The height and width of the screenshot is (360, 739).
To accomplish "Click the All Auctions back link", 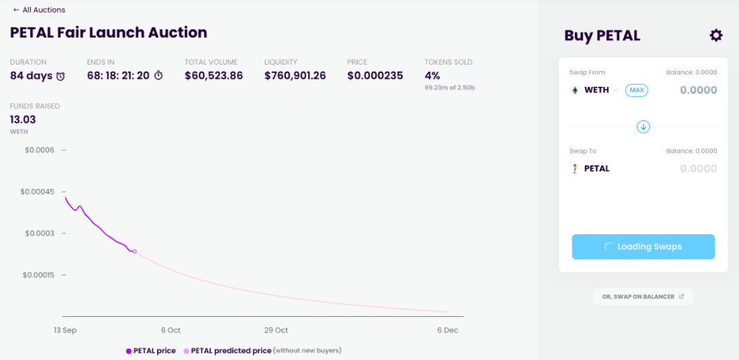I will (x=39, y=10).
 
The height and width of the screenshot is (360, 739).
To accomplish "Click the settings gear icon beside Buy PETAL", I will (x=715, y=35).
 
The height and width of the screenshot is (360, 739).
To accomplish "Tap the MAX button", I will (x=636, y=90).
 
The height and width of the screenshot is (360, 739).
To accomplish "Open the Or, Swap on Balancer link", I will (x=643, y=297).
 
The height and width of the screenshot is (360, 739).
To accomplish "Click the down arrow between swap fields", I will (x=643, y=126).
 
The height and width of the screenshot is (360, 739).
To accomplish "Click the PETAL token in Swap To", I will (x=596, y=169).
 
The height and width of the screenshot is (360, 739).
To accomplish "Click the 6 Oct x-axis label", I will (x=170, y=330).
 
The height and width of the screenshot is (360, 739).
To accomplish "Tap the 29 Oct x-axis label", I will (x=276, y=330).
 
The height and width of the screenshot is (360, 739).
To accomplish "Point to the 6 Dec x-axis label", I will (x=448, y=330).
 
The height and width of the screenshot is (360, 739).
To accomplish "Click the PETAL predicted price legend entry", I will (x=231, y=351).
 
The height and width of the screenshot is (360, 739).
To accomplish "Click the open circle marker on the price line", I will (x=134, y=252).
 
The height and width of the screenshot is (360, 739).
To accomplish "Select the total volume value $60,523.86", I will (x=213, y=76).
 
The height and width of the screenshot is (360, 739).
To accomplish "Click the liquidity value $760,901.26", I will (x=295, y=76).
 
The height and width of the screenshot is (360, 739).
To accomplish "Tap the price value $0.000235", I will (x=375, y=76).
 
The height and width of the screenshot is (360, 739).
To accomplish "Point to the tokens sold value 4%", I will (x=432, y=76).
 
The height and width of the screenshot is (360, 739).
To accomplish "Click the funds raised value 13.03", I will (x=23, y=120).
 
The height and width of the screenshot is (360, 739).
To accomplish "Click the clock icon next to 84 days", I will (x=60, y=76).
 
